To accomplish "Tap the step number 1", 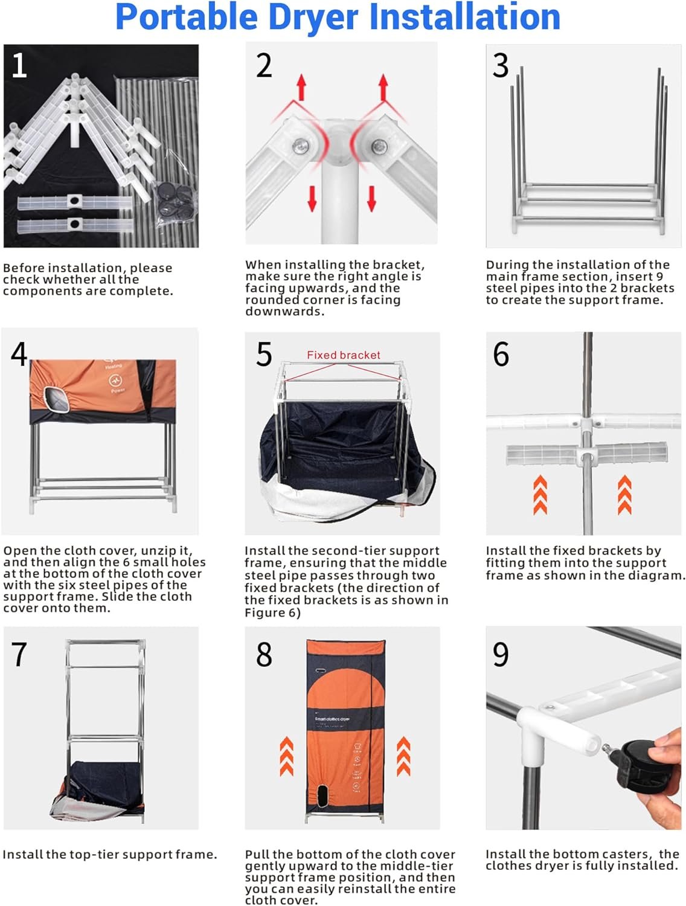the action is pyautogui.click(x=19, y=65).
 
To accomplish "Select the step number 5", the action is pyautogui.click(x=264, y=354).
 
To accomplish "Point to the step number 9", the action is pyautogui.click(x=501, y=654).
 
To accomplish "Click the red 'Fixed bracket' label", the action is pyautogui.click(x=343, y=355).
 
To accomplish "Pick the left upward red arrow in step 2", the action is pyautogui.click(x=301, y=87).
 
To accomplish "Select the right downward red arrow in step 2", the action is pyautogui.click(x=371, y=199).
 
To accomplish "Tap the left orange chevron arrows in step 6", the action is pyautogui.click(x=540, y=495).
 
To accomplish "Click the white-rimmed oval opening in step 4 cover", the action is pyautogui.click(x=56, y=400).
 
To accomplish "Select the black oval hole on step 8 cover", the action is pyautogui.click(x=322, y=797).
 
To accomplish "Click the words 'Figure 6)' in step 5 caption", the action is pyautogui.click(x=272, y=612).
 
